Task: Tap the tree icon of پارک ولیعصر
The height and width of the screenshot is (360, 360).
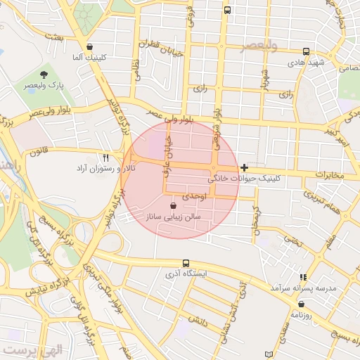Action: tap(44, 73)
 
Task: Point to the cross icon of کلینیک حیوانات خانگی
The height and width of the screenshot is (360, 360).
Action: tap(244, 167)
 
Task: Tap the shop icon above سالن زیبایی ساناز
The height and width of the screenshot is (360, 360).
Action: tap(173, 206)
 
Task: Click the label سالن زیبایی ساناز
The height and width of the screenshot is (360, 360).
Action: tap(173, 218)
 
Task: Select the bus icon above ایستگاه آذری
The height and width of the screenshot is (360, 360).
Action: tap(185, 263)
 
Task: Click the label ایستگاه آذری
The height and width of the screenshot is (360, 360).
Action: tap(185, 274)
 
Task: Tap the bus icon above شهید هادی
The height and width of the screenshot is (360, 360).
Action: tap(306, 51)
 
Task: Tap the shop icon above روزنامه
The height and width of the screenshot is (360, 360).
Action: tap(302, 304)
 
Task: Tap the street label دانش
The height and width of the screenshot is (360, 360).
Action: tap(196, 320)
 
